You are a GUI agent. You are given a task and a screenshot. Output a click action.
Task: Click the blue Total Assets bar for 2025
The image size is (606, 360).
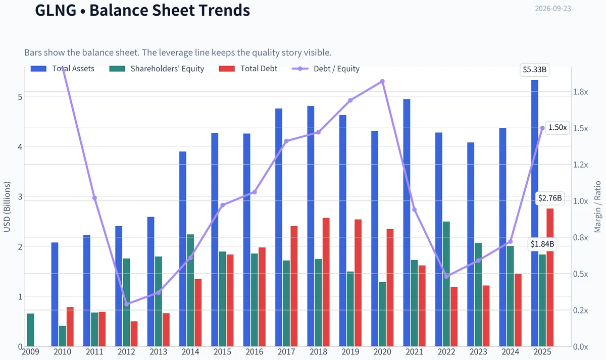pos(535,213)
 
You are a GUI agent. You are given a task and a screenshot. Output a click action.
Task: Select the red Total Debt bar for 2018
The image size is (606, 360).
pos(326,282)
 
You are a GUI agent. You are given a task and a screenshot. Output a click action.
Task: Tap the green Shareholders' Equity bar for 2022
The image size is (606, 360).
pos(446,284)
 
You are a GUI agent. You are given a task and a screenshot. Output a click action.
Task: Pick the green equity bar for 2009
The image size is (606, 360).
pos(31,330)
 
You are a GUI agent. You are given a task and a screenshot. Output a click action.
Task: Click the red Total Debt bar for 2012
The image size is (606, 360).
pos(134,334)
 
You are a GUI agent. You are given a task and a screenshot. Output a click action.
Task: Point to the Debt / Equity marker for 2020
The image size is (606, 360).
pos(382,81)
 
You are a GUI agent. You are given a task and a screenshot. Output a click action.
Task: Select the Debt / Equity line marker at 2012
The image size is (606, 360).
pos(127,304)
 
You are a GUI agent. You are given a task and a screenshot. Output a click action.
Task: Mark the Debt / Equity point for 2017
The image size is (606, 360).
pos(286,141)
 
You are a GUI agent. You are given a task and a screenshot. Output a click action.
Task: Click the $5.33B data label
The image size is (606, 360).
pos(535,70)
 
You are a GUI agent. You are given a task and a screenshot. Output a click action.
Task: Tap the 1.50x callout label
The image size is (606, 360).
pos(558,128)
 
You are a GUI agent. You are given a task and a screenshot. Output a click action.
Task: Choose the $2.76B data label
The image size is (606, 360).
pos(550,198)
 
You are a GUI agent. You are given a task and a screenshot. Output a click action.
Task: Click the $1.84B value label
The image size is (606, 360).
pos(542,244)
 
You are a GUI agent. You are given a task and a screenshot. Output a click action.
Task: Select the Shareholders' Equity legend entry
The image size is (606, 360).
pos(157,69)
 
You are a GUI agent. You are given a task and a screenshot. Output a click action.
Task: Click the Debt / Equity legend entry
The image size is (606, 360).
pos(326,69)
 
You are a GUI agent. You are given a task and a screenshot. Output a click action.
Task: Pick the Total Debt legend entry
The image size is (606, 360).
pos(248,69)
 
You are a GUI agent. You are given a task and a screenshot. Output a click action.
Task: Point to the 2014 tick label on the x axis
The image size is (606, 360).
pos(190,352)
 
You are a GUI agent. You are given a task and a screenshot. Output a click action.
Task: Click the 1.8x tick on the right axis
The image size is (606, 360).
pos(581,92)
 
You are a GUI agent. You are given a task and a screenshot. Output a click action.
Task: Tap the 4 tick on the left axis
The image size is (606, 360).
pos(20,147)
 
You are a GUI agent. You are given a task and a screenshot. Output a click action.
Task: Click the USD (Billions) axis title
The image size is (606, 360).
pos(7,207)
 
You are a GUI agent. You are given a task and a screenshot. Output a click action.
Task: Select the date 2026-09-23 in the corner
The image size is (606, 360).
pos(553,9)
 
